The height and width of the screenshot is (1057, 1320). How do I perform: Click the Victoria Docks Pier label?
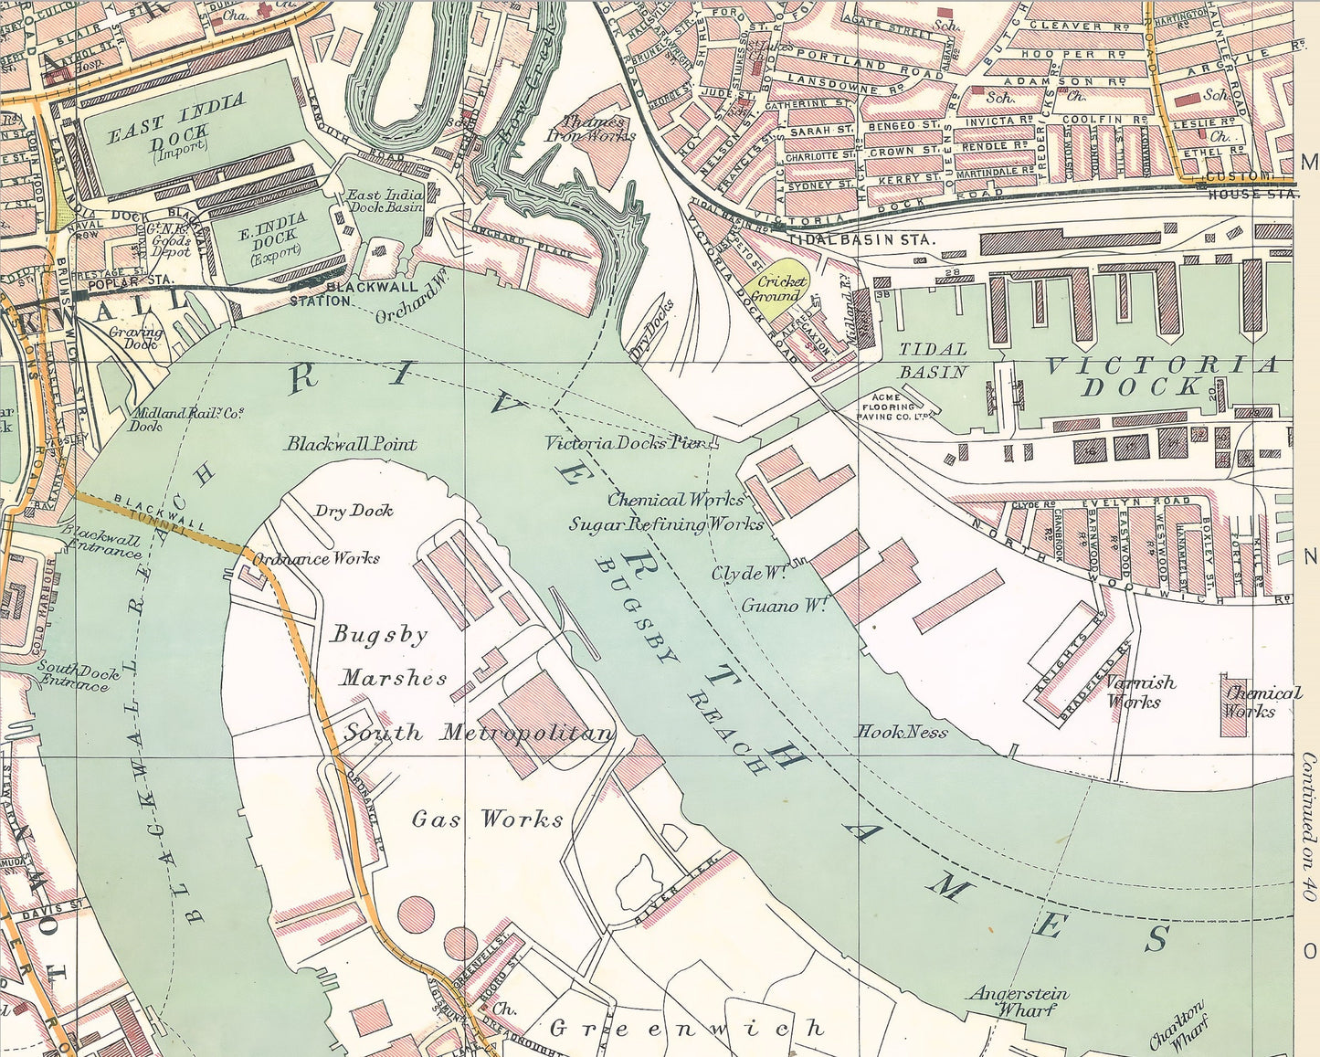click(x=628, y=443)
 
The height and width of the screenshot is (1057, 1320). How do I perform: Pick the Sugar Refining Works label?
click(x=666, y=524)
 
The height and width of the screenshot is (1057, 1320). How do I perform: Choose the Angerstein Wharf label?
click(x=1019, y=1001)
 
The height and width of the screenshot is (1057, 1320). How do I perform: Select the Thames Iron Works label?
click(x=591, y=128)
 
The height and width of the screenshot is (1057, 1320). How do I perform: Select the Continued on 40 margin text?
click(x=1308, y=828)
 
